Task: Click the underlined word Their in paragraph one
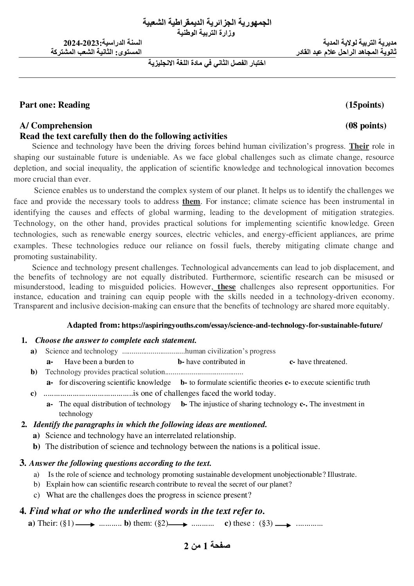coord(359,147)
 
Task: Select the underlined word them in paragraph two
coord(191,202)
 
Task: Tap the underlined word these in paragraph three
coord(226,287)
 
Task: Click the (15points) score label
coord(364,105)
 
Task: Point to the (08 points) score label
coord(365,126)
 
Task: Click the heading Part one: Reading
coord(55,105)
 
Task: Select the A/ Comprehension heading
coord(56,126)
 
